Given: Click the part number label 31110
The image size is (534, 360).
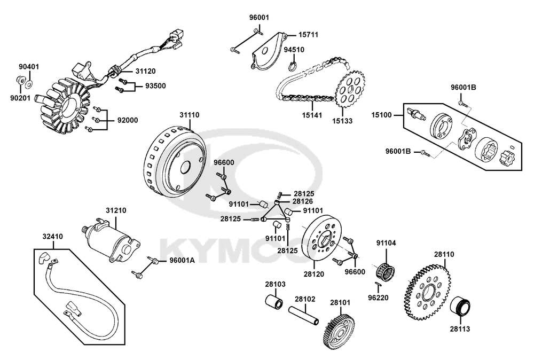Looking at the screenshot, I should [x=190, y=115].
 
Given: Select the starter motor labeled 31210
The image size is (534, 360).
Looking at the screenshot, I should [x=113, y=239].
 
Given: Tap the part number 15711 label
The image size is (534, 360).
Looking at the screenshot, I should [x=308, y=35].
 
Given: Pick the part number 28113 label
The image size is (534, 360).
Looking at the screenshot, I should [x=459, y=329].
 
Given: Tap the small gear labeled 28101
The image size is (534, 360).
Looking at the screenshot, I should [x=337, y=330].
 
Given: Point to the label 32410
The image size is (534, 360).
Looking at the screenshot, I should [x=53, y=235].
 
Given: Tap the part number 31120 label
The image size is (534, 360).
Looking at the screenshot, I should [x=145, y=71].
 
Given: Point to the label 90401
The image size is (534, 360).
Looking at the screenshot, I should [x=29, y=67].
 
